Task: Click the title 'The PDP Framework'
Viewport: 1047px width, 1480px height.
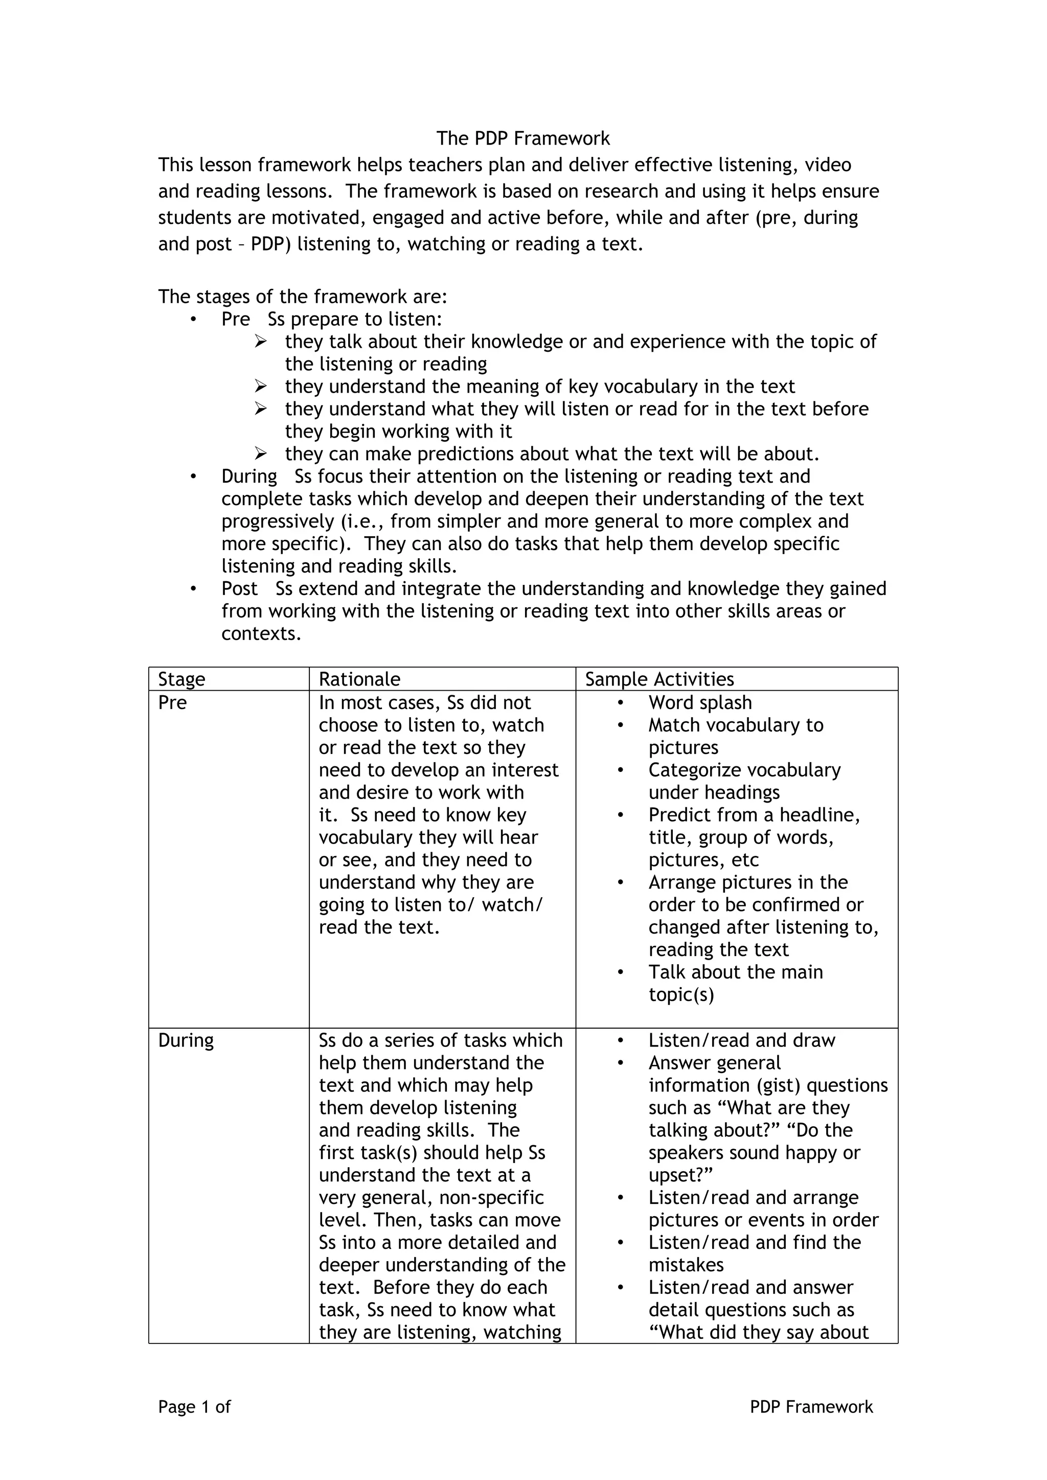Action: pos(523,139)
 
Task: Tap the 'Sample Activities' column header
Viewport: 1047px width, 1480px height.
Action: pos(659,679)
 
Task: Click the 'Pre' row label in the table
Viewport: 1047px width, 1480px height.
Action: pos(172,702)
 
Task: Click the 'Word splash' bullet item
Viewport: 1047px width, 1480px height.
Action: pos(700,702)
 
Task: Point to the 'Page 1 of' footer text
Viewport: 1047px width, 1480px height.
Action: pos(194,1406)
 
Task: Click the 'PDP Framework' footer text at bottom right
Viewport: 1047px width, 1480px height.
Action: pos(811,1406)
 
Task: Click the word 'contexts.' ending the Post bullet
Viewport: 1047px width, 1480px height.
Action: pos(261,633)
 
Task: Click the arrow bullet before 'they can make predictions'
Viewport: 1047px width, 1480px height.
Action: pos(260,454)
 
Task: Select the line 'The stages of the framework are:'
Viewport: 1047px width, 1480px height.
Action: pos(302,297)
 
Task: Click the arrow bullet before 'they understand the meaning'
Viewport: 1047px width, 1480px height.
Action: pos(260,386)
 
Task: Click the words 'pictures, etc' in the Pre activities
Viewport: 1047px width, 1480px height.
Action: pos(703,860)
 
